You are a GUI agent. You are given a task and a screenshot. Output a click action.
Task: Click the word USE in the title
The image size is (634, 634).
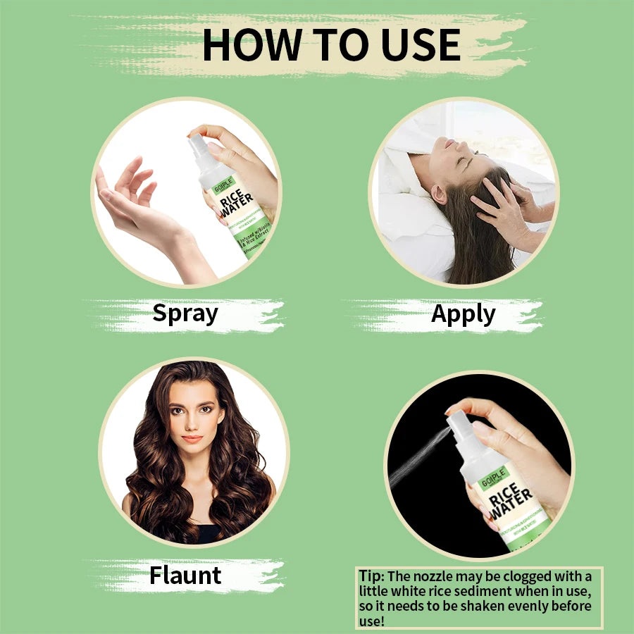pyautogui.click(x=422, y=44)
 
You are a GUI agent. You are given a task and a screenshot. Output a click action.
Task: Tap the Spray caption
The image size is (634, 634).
pyautogui.click(x=185, y=313)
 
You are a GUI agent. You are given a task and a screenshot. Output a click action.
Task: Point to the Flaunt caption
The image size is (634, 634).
pyautogui.click(x=185, y=576)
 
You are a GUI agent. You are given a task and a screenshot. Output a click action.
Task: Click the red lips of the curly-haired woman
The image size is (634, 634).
pyautogui.click(x=192, y=438)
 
